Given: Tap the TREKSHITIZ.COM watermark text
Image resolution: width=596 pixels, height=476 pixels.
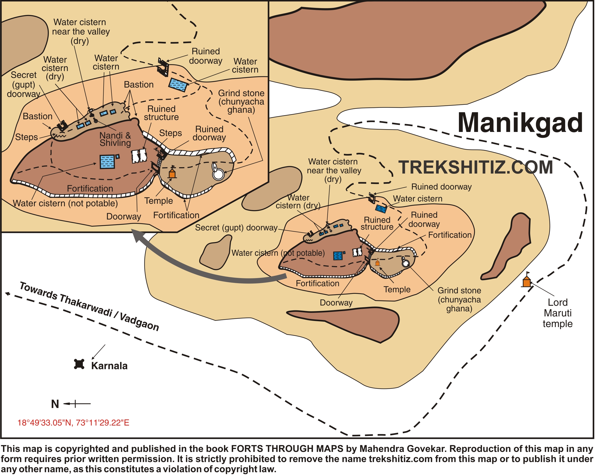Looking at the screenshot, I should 475,167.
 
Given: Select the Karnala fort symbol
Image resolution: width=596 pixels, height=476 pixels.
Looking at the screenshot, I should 79,364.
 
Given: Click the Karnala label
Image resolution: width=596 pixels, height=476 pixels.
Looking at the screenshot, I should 109,366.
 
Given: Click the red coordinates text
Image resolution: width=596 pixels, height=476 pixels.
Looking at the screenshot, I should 73,423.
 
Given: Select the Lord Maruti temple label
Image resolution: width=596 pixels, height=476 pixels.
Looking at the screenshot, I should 557,313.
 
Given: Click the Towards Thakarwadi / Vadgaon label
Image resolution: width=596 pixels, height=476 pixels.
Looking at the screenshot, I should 89,306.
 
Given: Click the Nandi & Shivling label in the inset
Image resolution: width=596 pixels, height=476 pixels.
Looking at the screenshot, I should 115,139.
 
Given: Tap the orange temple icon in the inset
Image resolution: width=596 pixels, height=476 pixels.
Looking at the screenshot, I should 172,173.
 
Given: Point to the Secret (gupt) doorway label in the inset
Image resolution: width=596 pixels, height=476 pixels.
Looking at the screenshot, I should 24,84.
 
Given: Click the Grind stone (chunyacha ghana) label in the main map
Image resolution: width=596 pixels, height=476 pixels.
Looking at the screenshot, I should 459,299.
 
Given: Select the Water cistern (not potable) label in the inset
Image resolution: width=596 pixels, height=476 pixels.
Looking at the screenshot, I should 65,203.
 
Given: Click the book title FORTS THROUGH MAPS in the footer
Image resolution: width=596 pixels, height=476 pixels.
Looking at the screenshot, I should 287,449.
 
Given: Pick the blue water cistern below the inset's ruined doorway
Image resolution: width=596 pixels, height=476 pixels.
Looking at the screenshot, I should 178,85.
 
